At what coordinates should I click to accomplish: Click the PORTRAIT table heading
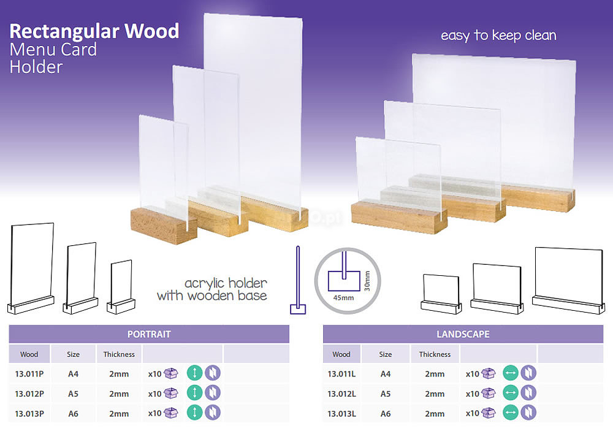[149, 334]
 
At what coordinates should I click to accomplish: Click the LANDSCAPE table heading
[463, 334]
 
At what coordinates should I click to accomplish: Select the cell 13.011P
[29, 374]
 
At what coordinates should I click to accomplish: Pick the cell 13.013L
[341, 414]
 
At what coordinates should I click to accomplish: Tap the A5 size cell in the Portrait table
[73, 394]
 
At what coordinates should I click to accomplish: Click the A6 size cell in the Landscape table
[386, 414]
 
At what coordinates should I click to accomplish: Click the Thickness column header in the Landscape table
[435, 354]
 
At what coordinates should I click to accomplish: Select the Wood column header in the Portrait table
[29, 354]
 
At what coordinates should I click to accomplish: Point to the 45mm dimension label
[344, 298]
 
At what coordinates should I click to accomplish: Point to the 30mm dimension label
[367, 281]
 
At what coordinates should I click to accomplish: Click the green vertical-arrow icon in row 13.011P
[195, 373]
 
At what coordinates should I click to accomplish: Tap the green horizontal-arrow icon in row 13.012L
[510, 392]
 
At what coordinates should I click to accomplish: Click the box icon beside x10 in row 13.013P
[171, 413]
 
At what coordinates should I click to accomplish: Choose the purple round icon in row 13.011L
[528, 373]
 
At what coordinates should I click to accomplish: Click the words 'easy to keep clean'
[498, 35]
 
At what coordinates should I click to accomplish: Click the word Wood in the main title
[151, 31]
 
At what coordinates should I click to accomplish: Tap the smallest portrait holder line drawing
[121, 287]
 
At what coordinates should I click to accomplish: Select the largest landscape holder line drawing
[569, 280]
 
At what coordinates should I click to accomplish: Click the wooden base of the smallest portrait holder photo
[164, 226]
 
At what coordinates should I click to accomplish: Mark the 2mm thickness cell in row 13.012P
[119, 394]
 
